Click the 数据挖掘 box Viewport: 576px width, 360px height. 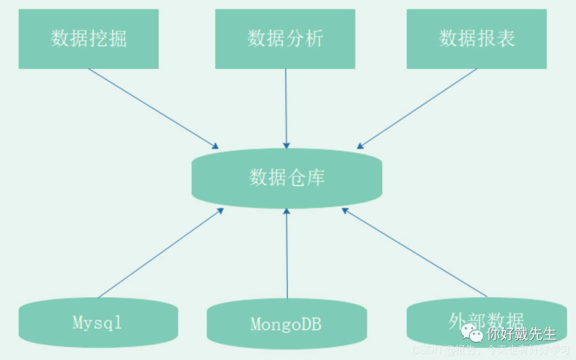[x=89, y=39]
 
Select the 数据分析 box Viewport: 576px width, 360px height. [x=285, y=39]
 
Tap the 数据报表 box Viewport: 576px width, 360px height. [x=476, y=39]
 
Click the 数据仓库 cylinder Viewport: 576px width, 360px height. [x=287, y=178]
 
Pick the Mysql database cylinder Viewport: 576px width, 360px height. [x=98, y=323]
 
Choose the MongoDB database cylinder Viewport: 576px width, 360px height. [x=286, y=324]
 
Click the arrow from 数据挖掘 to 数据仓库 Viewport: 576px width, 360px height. [x=153, y=108]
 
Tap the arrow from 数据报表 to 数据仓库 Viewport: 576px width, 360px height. [x=417, y=108]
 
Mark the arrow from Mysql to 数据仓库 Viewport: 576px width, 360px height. [x=161, y=253]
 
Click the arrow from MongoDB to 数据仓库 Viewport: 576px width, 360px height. [x=287, y=253]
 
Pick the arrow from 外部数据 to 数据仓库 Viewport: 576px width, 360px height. [x=415, y=253]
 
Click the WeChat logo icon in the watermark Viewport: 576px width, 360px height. [x=472, y=333]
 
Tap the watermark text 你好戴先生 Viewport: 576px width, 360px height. [x=521, y=334]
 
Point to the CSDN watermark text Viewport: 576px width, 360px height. [x=425, y=350]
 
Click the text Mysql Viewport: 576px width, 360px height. [x=97, y=322]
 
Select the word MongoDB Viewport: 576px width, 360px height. [x=286, y=324]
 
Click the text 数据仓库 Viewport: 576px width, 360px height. [x=287, y=178]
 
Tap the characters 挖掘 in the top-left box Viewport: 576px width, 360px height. [x=108, y=39]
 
